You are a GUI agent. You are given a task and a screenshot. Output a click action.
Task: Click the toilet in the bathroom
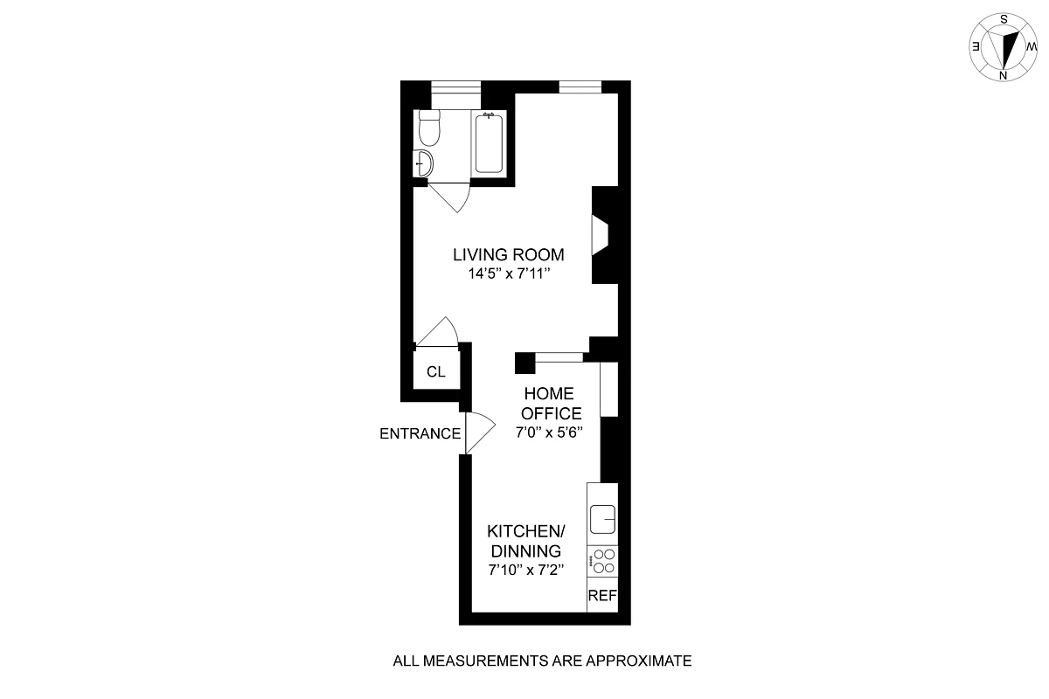[428, 128]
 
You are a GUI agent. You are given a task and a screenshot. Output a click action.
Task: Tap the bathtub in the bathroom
[488, 143]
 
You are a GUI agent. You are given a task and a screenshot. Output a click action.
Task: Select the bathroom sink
[422, 163]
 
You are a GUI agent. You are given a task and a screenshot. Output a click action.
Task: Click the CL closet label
[436, 371]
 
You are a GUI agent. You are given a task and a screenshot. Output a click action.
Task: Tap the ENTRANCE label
[420, 433]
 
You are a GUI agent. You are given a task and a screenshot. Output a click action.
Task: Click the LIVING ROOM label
[508, 255]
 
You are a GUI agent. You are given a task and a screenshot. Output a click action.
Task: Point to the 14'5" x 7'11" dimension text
[508, 273]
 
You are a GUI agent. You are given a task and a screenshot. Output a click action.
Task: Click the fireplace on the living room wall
[601, 236]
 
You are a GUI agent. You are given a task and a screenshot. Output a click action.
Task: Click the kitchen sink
[603, 519]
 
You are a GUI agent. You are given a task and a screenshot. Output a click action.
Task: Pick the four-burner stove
[603, 560]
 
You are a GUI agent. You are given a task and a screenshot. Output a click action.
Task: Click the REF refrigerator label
[602, 596]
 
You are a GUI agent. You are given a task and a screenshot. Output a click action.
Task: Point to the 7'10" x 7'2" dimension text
[525, 571]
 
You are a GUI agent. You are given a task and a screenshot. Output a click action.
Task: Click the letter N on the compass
[1004, 76]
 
